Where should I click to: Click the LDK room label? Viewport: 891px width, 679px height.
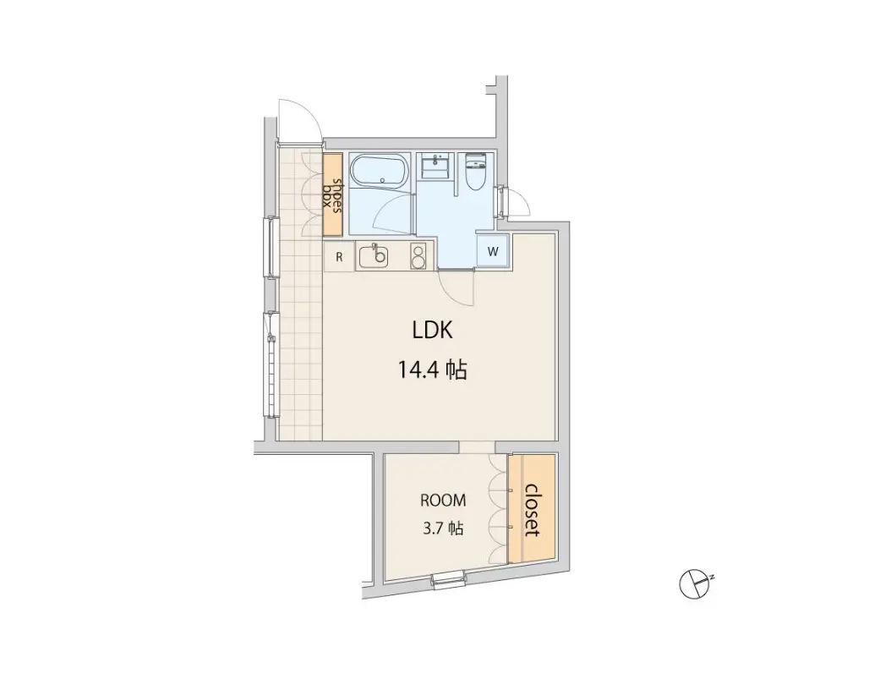click(433, 330)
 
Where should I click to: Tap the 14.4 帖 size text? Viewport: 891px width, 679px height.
click(433, 370)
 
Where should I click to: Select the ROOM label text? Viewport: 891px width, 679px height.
click(443, 501)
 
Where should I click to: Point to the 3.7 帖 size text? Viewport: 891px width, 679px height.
click(443, 528)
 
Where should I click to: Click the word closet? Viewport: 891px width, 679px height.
click(532, 510)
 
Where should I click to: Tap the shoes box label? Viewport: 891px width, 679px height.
click(333, 194)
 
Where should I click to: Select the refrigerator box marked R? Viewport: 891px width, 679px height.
click(339, 257)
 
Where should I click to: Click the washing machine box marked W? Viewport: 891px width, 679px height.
click(493, 251)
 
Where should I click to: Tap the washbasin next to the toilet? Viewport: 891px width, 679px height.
click(437, 167)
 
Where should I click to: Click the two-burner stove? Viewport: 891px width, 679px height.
click(418, 256)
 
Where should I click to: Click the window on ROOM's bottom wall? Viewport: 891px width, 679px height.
click(449, 579)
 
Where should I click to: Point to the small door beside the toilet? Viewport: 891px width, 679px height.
click(514, 201)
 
